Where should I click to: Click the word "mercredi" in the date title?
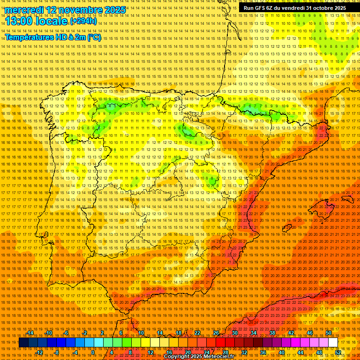pyautogui.click(x=25, y=10)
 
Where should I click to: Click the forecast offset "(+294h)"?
pyautogui.click(x=83, y=21)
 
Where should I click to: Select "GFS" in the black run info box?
pyautogui.click(x=262, y=8)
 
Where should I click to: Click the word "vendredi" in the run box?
pyautogui.click(x=292, y=8)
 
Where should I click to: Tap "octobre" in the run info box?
pyautogui.click(x=321, y=8)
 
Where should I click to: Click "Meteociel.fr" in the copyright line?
pyautogui.click(x=217, y=357)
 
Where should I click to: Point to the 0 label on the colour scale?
pyautogui.click(x=93, y=352)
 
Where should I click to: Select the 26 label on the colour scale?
pyautogui.click(x=216, y=333)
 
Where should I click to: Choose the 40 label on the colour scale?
pyautogui.click(x=282, y=352)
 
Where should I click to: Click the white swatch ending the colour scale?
pyautogui.click(x=333, y=343)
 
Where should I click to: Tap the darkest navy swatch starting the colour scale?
pyautogui.click(x=23, y=343)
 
